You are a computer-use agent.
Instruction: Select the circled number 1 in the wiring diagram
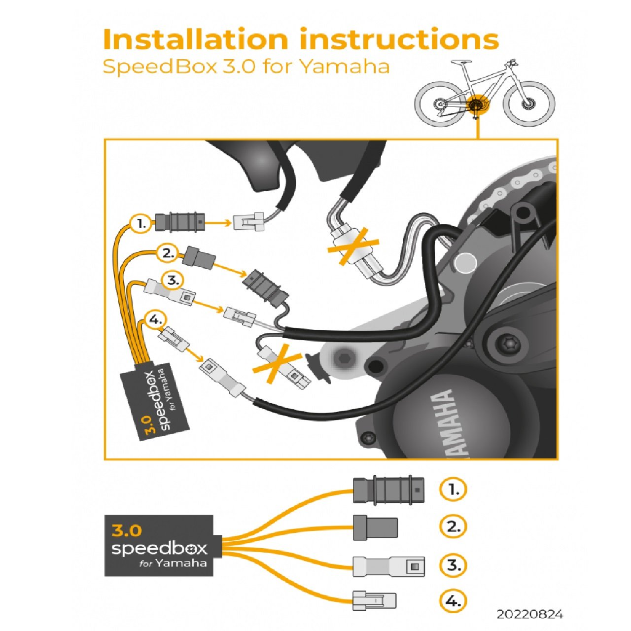141,224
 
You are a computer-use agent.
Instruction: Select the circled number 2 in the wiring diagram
168,254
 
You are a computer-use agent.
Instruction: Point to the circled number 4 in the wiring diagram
155,320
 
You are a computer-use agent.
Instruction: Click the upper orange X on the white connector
353,246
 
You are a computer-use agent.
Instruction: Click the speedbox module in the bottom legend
159,546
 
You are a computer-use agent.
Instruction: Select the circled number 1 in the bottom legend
453,490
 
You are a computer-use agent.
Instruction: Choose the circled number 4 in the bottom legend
453,601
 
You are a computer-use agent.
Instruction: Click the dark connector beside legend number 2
375,527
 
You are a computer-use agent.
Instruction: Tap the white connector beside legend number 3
388,566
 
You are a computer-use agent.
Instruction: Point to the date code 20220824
529,614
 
